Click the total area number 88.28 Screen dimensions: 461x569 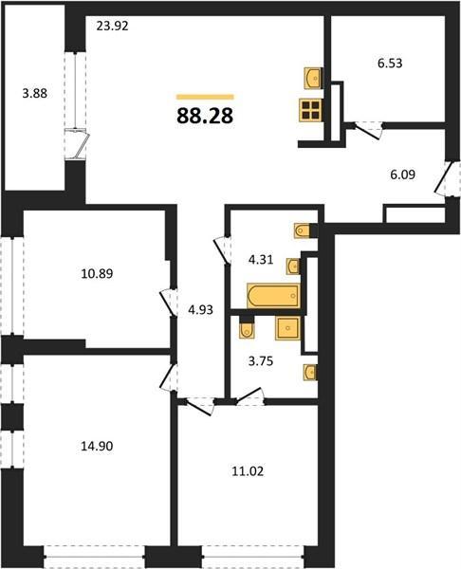pos(205,116)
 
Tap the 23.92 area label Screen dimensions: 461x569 pos(113,27)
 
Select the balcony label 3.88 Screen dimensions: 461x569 pos(35,93)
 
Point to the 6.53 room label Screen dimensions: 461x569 pos(390,64)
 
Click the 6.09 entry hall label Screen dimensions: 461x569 pos(402,174)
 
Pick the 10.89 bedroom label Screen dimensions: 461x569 pos(97,273)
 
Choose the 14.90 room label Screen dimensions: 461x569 pos(97,446)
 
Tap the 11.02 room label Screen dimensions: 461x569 pos(248,471)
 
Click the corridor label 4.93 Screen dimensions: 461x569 pos(200,309)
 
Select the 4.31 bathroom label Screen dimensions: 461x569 pos(261,260)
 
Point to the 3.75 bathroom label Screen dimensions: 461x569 pos(261,361)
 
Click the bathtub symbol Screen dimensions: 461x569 pos(273,296)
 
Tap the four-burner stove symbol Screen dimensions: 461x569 pos(310,110)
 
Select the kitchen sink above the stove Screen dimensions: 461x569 pos(312,78)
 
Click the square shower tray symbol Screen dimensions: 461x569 pos(287,328)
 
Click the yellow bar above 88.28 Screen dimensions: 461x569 pos(205,97)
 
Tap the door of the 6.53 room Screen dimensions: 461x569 pos(368,131)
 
